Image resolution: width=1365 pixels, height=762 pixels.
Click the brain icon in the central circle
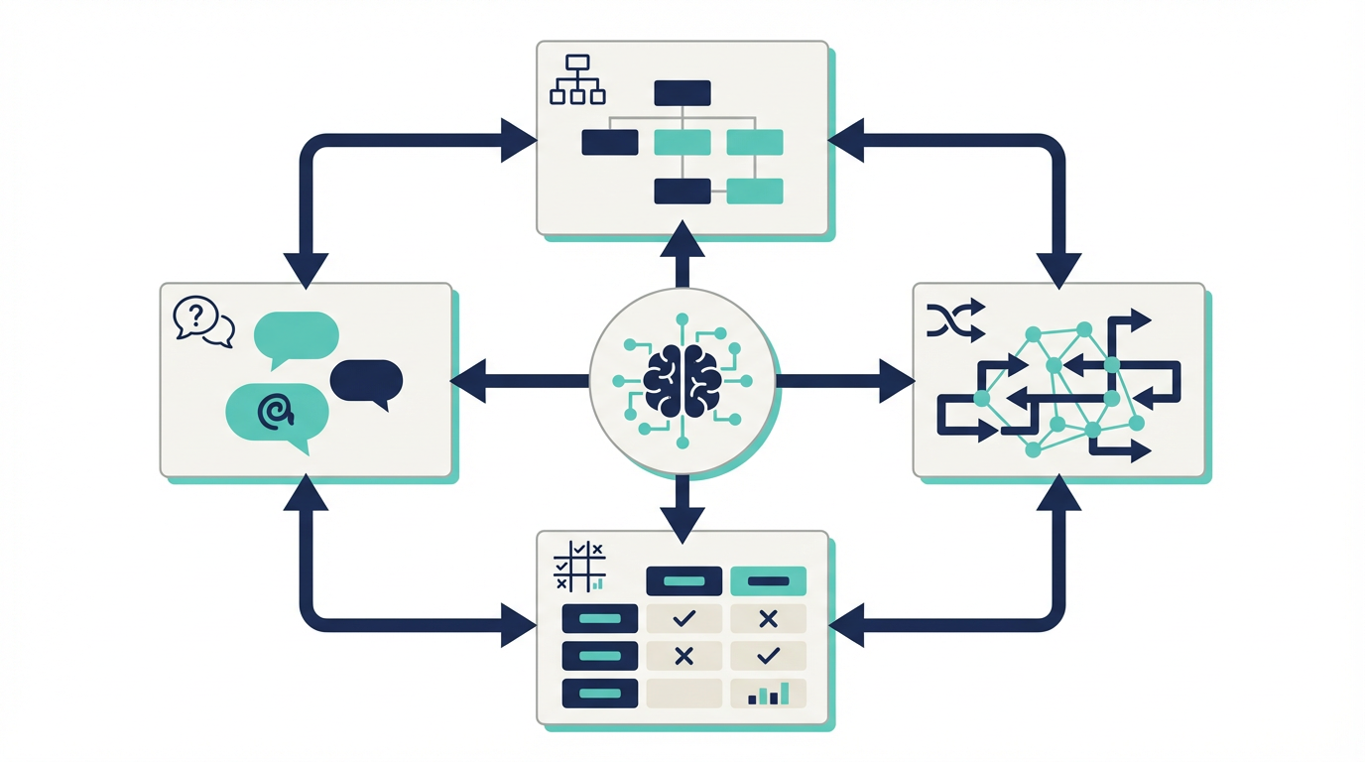coord(682,380)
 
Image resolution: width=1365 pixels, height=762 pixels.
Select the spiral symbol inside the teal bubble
coord(275,410)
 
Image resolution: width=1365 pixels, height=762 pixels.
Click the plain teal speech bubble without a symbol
coord(297,336)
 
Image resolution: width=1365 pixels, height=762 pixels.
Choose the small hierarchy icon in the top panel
coord(577,79)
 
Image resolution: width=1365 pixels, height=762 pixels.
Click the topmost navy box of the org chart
coord(682,93)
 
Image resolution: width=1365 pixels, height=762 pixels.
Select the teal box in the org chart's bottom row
coord(755,190)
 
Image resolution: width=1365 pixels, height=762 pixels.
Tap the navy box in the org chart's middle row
coord(610,142)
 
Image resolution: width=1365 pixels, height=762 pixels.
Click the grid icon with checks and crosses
coord(579,567)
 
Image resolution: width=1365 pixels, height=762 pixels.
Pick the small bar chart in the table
coord(768,694)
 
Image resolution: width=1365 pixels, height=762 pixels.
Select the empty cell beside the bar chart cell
coord(683,693)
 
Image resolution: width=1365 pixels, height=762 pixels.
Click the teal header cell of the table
coord(768,581)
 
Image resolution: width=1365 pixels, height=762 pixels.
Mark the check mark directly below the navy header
coord(683,619)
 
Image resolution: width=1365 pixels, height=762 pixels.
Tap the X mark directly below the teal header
coord(768,619)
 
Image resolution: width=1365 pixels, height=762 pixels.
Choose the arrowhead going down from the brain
coord(682,523)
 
